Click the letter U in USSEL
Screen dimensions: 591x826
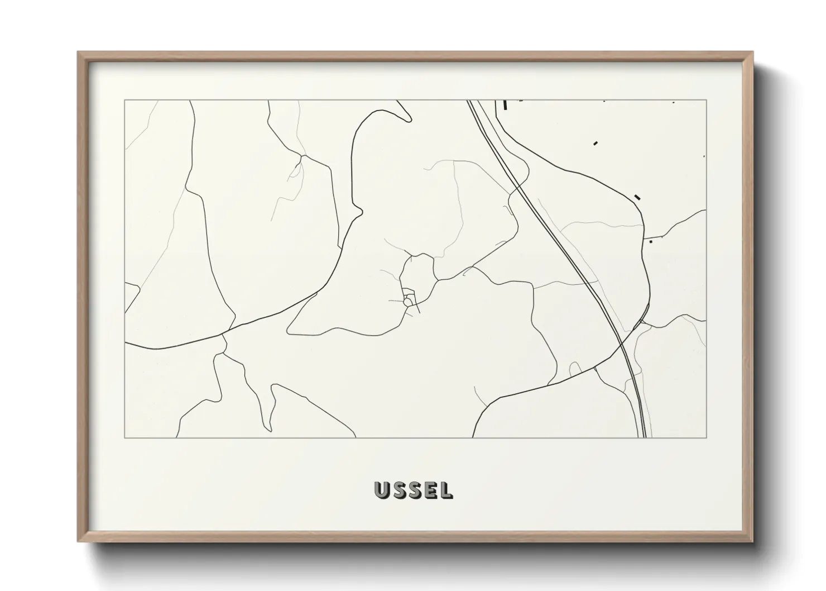[383, 490]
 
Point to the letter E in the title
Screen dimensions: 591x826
[430, 490]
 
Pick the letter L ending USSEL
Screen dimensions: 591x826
[445, 490]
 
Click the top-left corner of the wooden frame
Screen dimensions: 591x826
[79, 53]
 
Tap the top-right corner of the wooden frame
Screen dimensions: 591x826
[752, 53]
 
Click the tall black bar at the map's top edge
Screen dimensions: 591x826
[505, 104]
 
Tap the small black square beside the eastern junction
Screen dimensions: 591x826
[651, 242]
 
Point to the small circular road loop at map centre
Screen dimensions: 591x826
[409, 301]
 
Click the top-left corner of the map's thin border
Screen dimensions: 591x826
[124, 100]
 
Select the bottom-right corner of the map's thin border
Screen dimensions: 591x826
[707, 438]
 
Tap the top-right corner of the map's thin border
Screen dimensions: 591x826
[707, 100]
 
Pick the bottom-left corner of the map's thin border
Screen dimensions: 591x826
[124, 438]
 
